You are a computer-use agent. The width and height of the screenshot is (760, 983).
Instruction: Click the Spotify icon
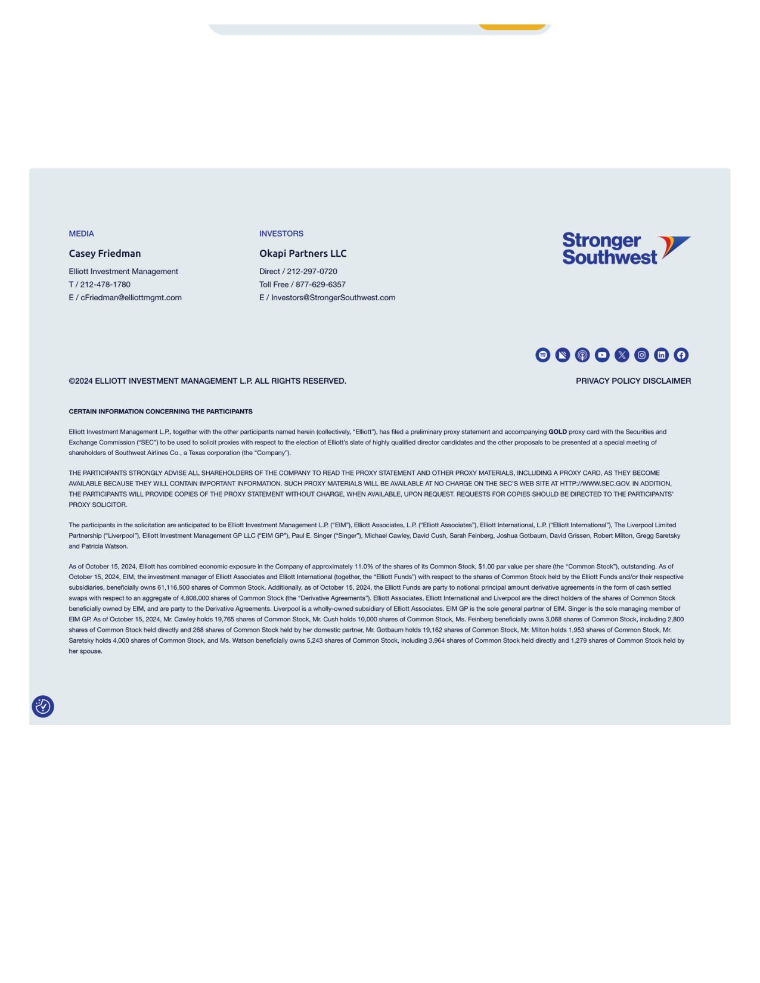point(542,355)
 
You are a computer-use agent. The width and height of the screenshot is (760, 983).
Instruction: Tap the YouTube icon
point(602,355)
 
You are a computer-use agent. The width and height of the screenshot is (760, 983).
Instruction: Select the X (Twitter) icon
point(622,355)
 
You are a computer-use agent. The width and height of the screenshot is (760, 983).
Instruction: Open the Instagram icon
point(641,355)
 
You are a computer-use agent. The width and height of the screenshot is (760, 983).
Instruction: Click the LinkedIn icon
point(661,355)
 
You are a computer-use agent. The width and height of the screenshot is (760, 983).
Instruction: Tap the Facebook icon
point(681,355)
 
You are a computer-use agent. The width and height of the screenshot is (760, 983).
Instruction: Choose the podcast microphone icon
point(582,355)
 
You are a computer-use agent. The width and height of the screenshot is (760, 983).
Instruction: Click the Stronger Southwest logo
point(626,248)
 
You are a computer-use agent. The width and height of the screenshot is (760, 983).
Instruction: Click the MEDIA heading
point(81,234)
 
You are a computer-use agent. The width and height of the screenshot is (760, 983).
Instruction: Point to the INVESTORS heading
point(281,234)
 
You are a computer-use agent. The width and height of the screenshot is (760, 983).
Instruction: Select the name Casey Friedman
point(105,253)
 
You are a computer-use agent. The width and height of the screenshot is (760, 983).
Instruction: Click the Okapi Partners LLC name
point(303,253)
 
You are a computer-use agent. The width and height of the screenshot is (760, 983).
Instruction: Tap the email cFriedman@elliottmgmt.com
point(131,298)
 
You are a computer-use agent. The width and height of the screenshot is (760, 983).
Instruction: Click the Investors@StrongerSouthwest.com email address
point(333,298)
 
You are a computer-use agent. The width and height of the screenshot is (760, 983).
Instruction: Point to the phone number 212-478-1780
point(105,285)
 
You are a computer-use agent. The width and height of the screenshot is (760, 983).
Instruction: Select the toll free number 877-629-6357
point(321,285)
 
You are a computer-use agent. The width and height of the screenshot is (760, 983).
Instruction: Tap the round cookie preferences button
point(43,707)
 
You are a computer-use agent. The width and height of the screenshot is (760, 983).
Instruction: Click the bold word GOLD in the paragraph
point(557,432)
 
